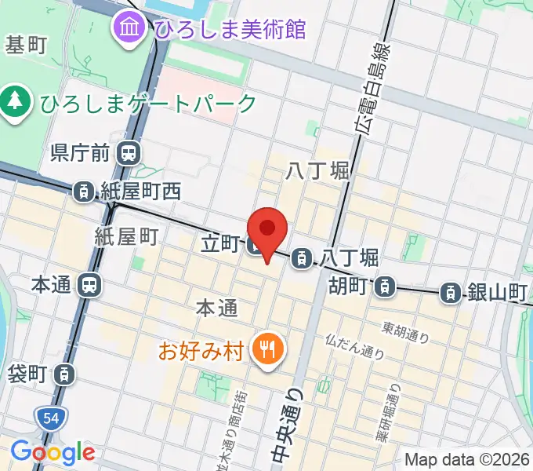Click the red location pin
[x=268, y=230]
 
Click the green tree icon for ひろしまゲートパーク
[x=14, y=102]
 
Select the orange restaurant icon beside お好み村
[x=267, y=349]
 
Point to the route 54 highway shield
[x=47, y=419]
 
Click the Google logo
[x=53, y=452]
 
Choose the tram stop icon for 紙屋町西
[x=83, y=190]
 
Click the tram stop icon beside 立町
[x=256, y=246]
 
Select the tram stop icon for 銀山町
[x=451, y=293]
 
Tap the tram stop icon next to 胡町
[x=384, y=287]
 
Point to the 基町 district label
[x=27, y=46]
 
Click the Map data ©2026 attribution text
[x=467, y=459]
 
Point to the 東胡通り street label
[x=406, y=332]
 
